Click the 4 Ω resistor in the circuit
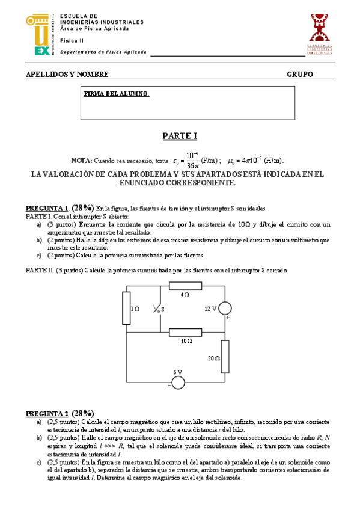tap(185, 286)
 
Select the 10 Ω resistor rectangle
tap(185, 331)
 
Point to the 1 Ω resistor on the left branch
tap(126, 308)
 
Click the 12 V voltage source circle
tap(225, 309)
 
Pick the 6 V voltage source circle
tap(178, 382)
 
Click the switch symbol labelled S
tap(158, 309)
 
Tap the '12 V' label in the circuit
tap(210, 309)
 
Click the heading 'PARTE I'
tap(180, 137)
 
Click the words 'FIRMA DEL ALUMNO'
tap(117, 94)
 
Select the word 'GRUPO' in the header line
tap(300, 75)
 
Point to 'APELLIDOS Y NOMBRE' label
tap(67, 75)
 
